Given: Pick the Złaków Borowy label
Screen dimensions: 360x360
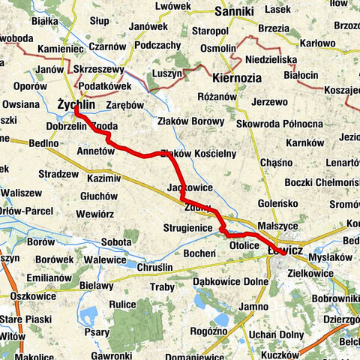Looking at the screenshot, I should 187,120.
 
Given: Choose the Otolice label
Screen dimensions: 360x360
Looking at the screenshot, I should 244,244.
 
